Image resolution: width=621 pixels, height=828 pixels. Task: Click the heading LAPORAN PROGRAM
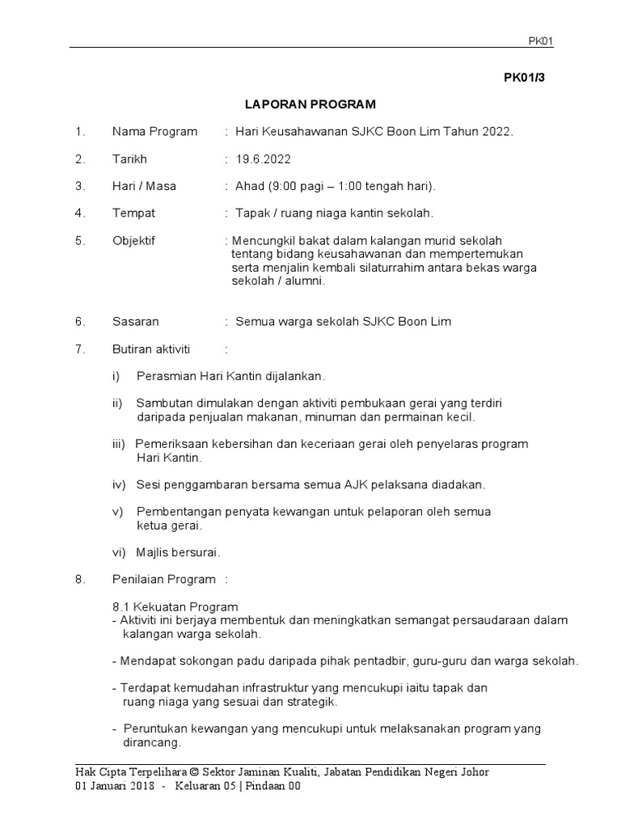[310, 104]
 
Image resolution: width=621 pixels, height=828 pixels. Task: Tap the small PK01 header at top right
[540, 41]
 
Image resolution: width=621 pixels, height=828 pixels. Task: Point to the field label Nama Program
[154, 132]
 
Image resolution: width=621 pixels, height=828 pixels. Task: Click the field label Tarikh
[129, 158]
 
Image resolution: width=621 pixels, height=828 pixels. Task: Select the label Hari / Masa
[144, 186]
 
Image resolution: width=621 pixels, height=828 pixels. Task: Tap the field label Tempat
[133, 213]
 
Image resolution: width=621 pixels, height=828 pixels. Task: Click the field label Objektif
[133, 240]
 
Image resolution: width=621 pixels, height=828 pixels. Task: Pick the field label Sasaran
[134, 321]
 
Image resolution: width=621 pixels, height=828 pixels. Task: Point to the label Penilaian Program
[164, 579]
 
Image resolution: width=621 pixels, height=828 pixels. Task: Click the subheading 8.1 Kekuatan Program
[175, 606]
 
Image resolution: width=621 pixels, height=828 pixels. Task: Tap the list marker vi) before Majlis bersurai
[120, 552]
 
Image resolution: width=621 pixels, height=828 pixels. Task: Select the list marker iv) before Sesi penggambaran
[120, 484]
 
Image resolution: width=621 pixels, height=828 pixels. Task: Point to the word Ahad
[249, 186]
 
